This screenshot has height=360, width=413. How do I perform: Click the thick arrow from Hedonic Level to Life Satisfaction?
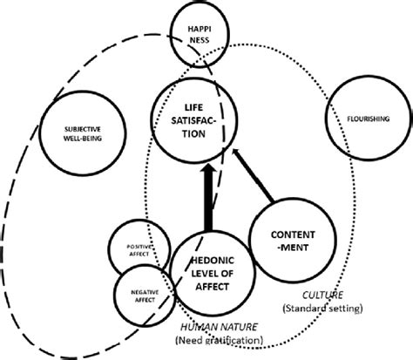pos(207,200)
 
